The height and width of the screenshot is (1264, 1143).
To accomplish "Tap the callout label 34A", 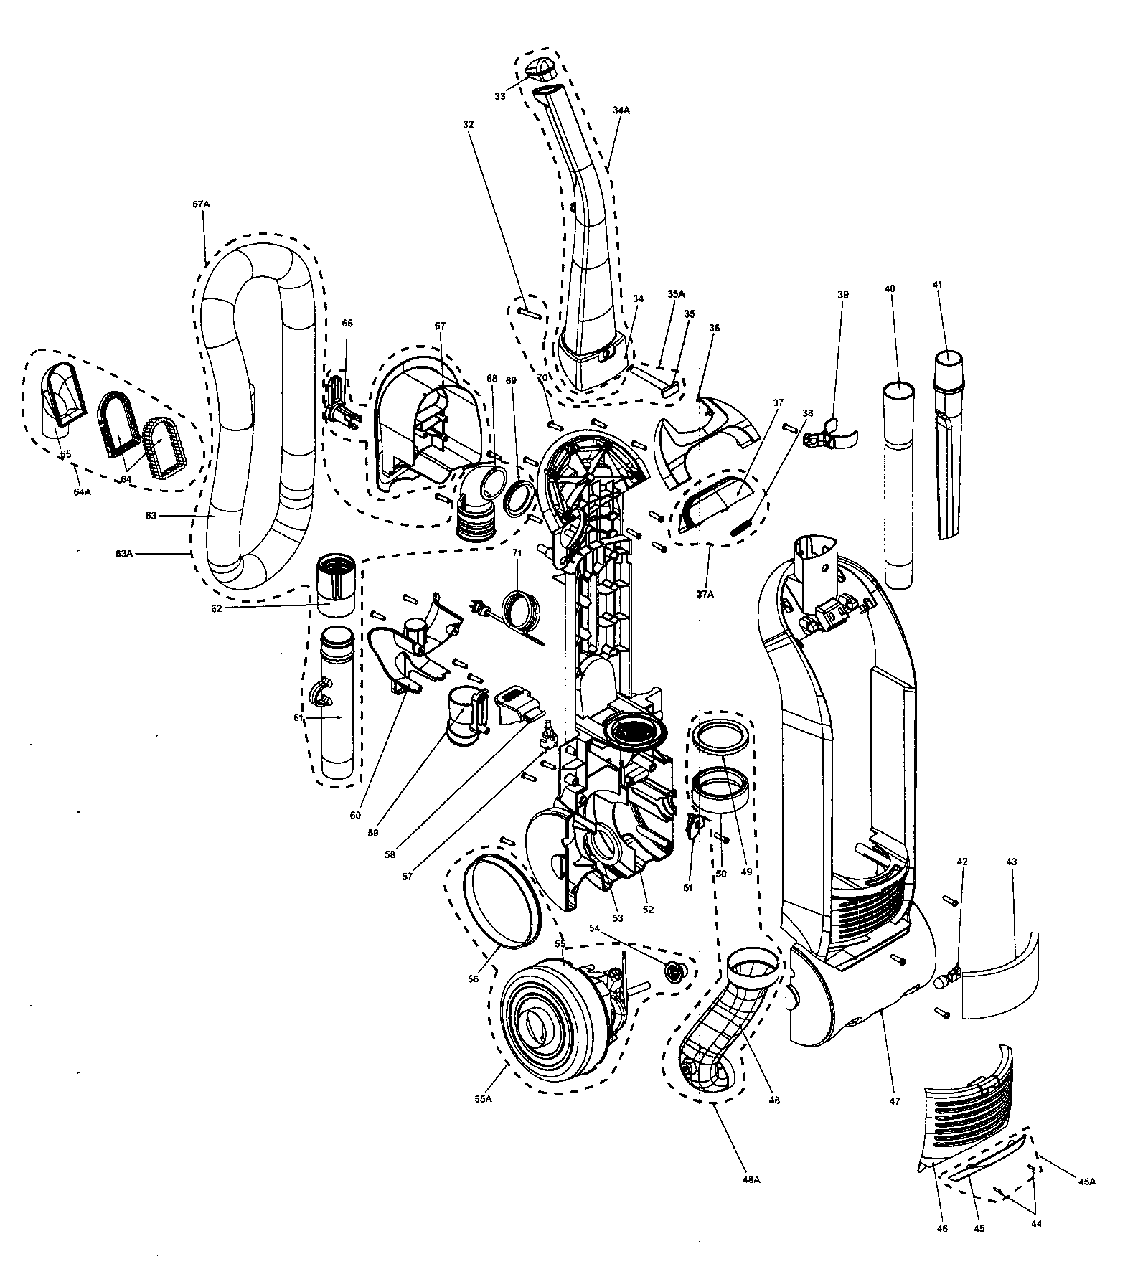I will [621, 110].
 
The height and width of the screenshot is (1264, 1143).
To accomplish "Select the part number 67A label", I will [201, 204].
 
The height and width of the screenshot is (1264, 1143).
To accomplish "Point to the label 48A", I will [751, 1179].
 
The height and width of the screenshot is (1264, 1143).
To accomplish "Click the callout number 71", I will [517, 553].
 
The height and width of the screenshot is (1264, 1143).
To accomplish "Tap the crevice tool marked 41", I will [952, 445].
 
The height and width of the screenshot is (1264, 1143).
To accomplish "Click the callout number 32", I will [469, 123].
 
